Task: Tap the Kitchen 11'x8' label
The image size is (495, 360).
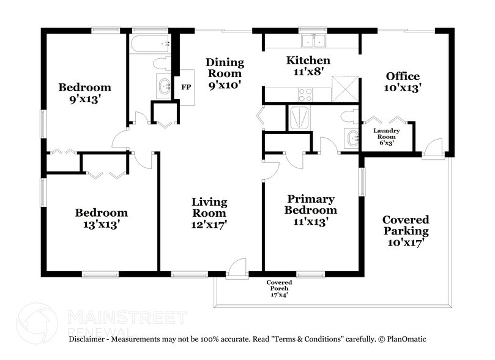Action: pyautogui.click(x=308, y=66)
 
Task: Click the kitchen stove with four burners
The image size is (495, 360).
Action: pyautogui.click(x=305, y=95)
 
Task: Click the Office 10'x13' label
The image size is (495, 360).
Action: pyautogui.click(x=403, y=82)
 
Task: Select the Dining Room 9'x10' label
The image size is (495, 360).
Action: pyautogui.click(x=225, y=73)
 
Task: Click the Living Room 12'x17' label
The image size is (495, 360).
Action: pyautogui.click(x=209, y=212)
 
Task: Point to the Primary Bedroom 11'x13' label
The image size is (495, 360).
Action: pyautogui.click(x=311, y=210)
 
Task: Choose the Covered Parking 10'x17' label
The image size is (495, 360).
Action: pyautogui.click(x=405, y=230)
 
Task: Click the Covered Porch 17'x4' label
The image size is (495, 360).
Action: pyautogui.click(x=279, y=287)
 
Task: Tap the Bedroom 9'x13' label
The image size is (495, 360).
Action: pyautogui.click(x=84, y=93)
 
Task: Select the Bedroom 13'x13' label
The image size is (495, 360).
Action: pyautogui.click(x=101, y=219)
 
